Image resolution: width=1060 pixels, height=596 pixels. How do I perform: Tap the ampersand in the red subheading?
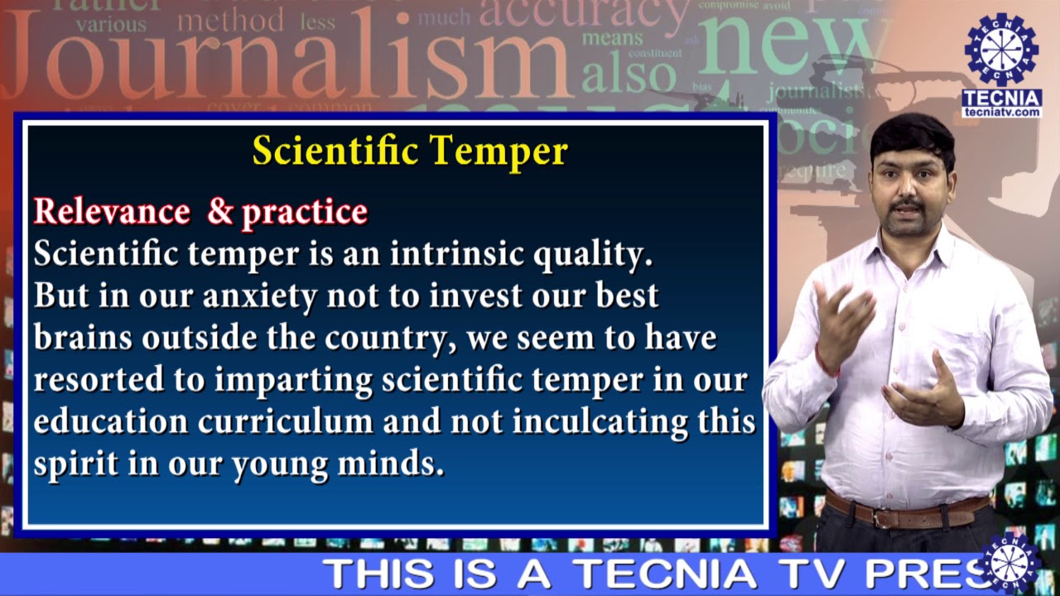coord(220,212)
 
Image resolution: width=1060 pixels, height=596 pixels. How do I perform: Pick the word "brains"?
coord(83,339)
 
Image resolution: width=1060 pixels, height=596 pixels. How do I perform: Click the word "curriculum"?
coord(286,422)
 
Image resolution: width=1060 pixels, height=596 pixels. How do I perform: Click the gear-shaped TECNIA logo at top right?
coord(1001,50)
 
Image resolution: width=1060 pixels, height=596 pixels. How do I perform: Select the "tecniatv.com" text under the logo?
coord(1001,112)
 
